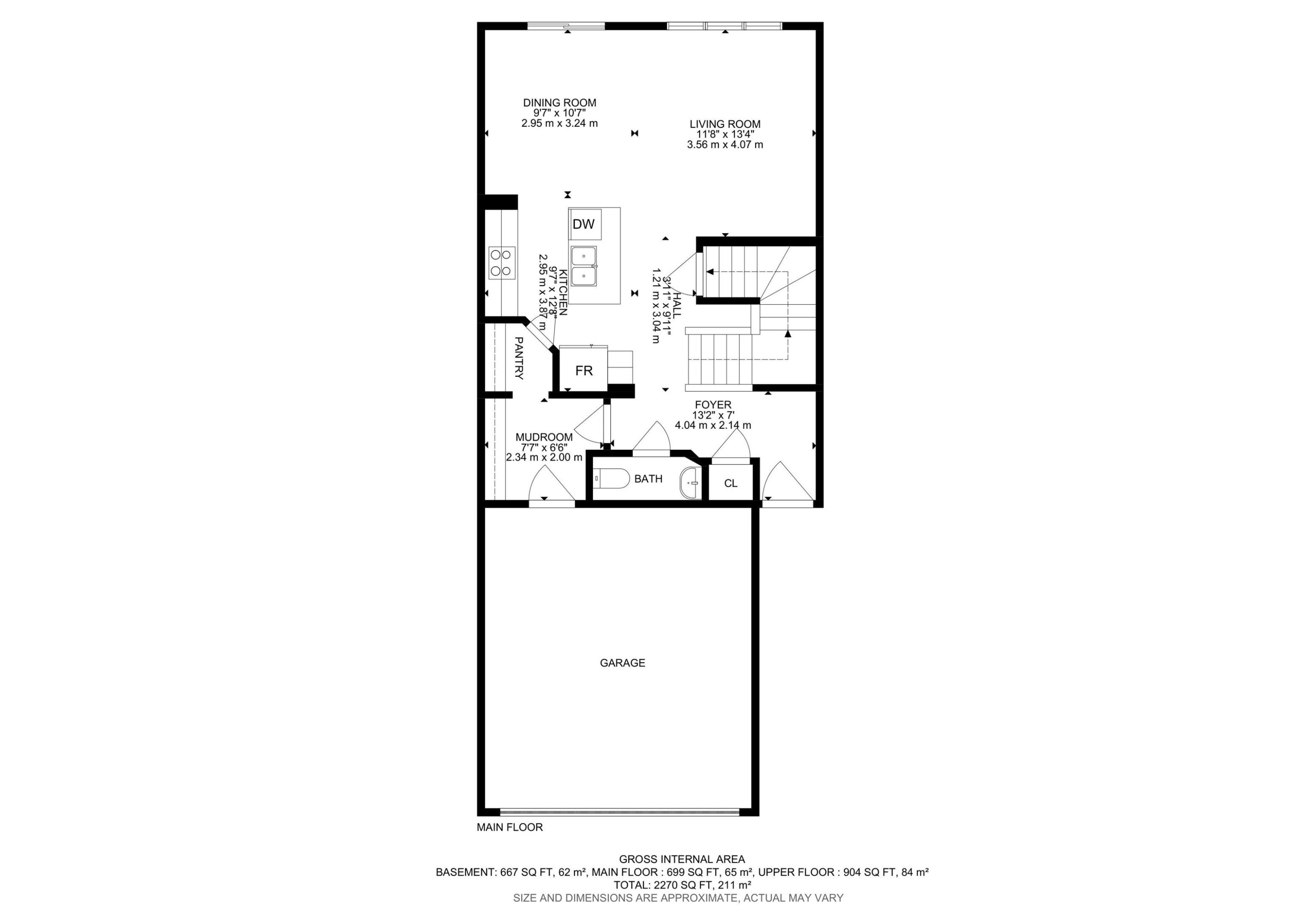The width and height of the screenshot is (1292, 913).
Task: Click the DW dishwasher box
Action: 584,224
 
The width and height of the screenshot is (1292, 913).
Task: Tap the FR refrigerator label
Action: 584,371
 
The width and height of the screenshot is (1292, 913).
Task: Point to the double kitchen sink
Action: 584,266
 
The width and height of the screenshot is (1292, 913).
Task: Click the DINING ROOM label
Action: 559,103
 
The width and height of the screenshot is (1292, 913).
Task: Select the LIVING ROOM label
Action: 725,125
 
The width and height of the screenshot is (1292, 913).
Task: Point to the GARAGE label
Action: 622,663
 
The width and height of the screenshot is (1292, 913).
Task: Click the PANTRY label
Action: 519,358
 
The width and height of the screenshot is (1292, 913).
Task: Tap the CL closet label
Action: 730,483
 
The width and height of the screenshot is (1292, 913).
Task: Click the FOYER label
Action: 713,405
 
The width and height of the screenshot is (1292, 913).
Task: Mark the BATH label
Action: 648,479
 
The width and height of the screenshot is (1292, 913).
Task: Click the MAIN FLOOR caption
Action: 510,827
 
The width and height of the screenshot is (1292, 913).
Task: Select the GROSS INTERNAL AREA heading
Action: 682,860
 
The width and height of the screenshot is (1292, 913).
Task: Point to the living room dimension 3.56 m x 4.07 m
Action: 725,145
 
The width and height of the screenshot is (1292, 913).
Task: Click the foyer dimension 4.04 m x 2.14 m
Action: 713,426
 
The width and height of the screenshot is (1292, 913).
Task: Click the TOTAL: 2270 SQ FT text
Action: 682,885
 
